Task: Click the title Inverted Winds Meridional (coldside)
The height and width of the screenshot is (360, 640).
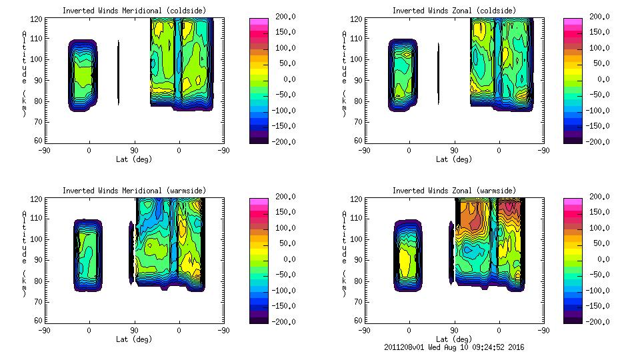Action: point(135,11)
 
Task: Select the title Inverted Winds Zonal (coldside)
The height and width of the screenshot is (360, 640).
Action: point(454,11)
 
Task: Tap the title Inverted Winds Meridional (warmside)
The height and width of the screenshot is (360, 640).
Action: point(135,191)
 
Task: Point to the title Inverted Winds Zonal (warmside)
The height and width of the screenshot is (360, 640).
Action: point(454,191)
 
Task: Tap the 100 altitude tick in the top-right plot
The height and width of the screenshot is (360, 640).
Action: point(359,59)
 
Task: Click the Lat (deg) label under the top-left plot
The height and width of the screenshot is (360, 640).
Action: point(134,159)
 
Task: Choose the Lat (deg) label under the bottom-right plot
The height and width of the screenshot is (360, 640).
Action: point(454,339)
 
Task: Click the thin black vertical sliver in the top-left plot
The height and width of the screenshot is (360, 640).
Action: point(119,73)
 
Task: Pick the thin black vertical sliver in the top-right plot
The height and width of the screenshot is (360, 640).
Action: point(439,73)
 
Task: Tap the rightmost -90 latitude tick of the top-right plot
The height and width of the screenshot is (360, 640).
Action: point(544,150)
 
